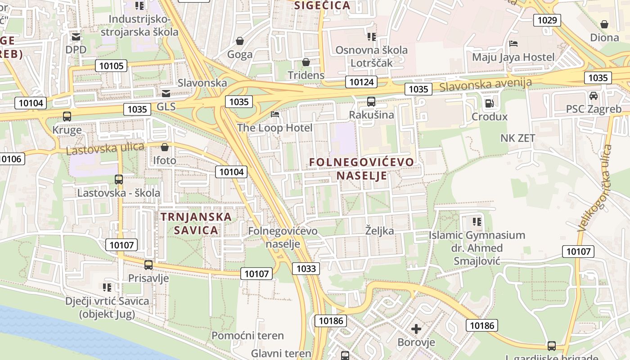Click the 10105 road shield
(x=111, y=66)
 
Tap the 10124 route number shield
(x=361, y=82)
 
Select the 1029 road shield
(x=547, y=20)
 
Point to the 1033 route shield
(x=306, y=269)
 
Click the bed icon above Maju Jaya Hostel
(x=513, y=44)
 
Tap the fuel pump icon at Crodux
(x=489, y=103)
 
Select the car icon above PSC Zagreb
(x=594, y=95)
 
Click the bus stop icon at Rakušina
(x=371, y=102)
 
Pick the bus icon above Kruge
(x=67, y=117)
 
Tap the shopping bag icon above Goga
(x=240, y=41)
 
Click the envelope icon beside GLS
(x=166, y=93)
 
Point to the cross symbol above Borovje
(x=416, y=329)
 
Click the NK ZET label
(x=517, y=138)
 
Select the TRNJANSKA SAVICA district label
(x=196, y=223)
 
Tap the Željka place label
(x=379, y=231)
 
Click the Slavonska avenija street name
(x=486, y=84)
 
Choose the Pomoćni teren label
(x=247, y=336)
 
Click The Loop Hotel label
(x=274, y=128)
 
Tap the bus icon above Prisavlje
(x=148, y=265)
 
